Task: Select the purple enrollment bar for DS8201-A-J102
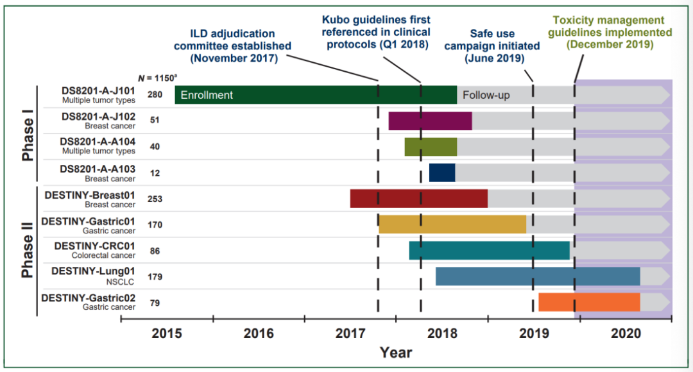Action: [x=430, y=121]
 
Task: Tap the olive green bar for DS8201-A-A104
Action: [x=431, y=146]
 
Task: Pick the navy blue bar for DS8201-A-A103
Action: [x=442, y=173]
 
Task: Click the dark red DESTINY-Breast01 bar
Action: [x=418, y=199]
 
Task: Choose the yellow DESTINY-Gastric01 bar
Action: [x=452, y=224]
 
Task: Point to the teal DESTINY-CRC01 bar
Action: [x=489, y=251]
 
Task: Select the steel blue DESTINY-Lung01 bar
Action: [x=538, y=276]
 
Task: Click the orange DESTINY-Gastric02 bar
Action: [x=589, y=302]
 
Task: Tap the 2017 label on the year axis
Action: [x=350, y=334]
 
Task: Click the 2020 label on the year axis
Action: [x=626, y=334]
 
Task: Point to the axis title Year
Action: [x=396, y=352]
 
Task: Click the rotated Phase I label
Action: [x=28, y=139]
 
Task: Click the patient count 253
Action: [x=155, y=199]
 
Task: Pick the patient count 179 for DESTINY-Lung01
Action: [x=155, y=277]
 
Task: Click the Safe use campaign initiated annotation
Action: [x=492, y=46]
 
